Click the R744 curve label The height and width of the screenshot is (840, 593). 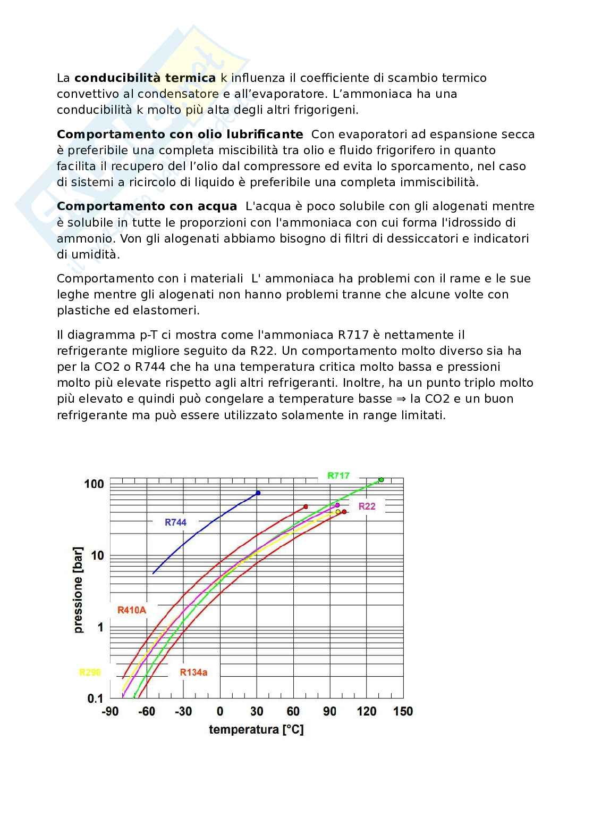point(175,522)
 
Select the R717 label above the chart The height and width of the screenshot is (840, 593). point(338,476)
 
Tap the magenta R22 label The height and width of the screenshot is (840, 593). point(367,506)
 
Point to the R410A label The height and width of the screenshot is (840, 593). point(131,610)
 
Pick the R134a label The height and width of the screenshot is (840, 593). point(193,672)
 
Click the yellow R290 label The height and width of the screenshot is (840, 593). point(90,672)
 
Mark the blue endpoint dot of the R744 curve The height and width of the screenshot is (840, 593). point(258,493)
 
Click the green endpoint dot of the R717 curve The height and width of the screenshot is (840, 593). point(381,480)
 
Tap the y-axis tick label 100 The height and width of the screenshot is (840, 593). point(94,484)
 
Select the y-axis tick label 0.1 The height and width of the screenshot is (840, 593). point(95,698)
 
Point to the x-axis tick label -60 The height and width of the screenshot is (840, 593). point(147,712)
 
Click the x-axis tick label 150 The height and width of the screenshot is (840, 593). point(403,712)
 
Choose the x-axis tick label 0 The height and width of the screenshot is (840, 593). point(220,712)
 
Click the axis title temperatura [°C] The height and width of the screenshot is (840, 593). point(256,729)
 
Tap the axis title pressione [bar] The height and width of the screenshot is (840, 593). point(79,589)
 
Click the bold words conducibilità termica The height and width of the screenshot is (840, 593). point(145,78)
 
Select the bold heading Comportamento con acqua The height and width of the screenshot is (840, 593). point(147,206)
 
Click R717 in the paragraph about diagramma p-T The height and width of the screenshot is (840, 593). point(354,335)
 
